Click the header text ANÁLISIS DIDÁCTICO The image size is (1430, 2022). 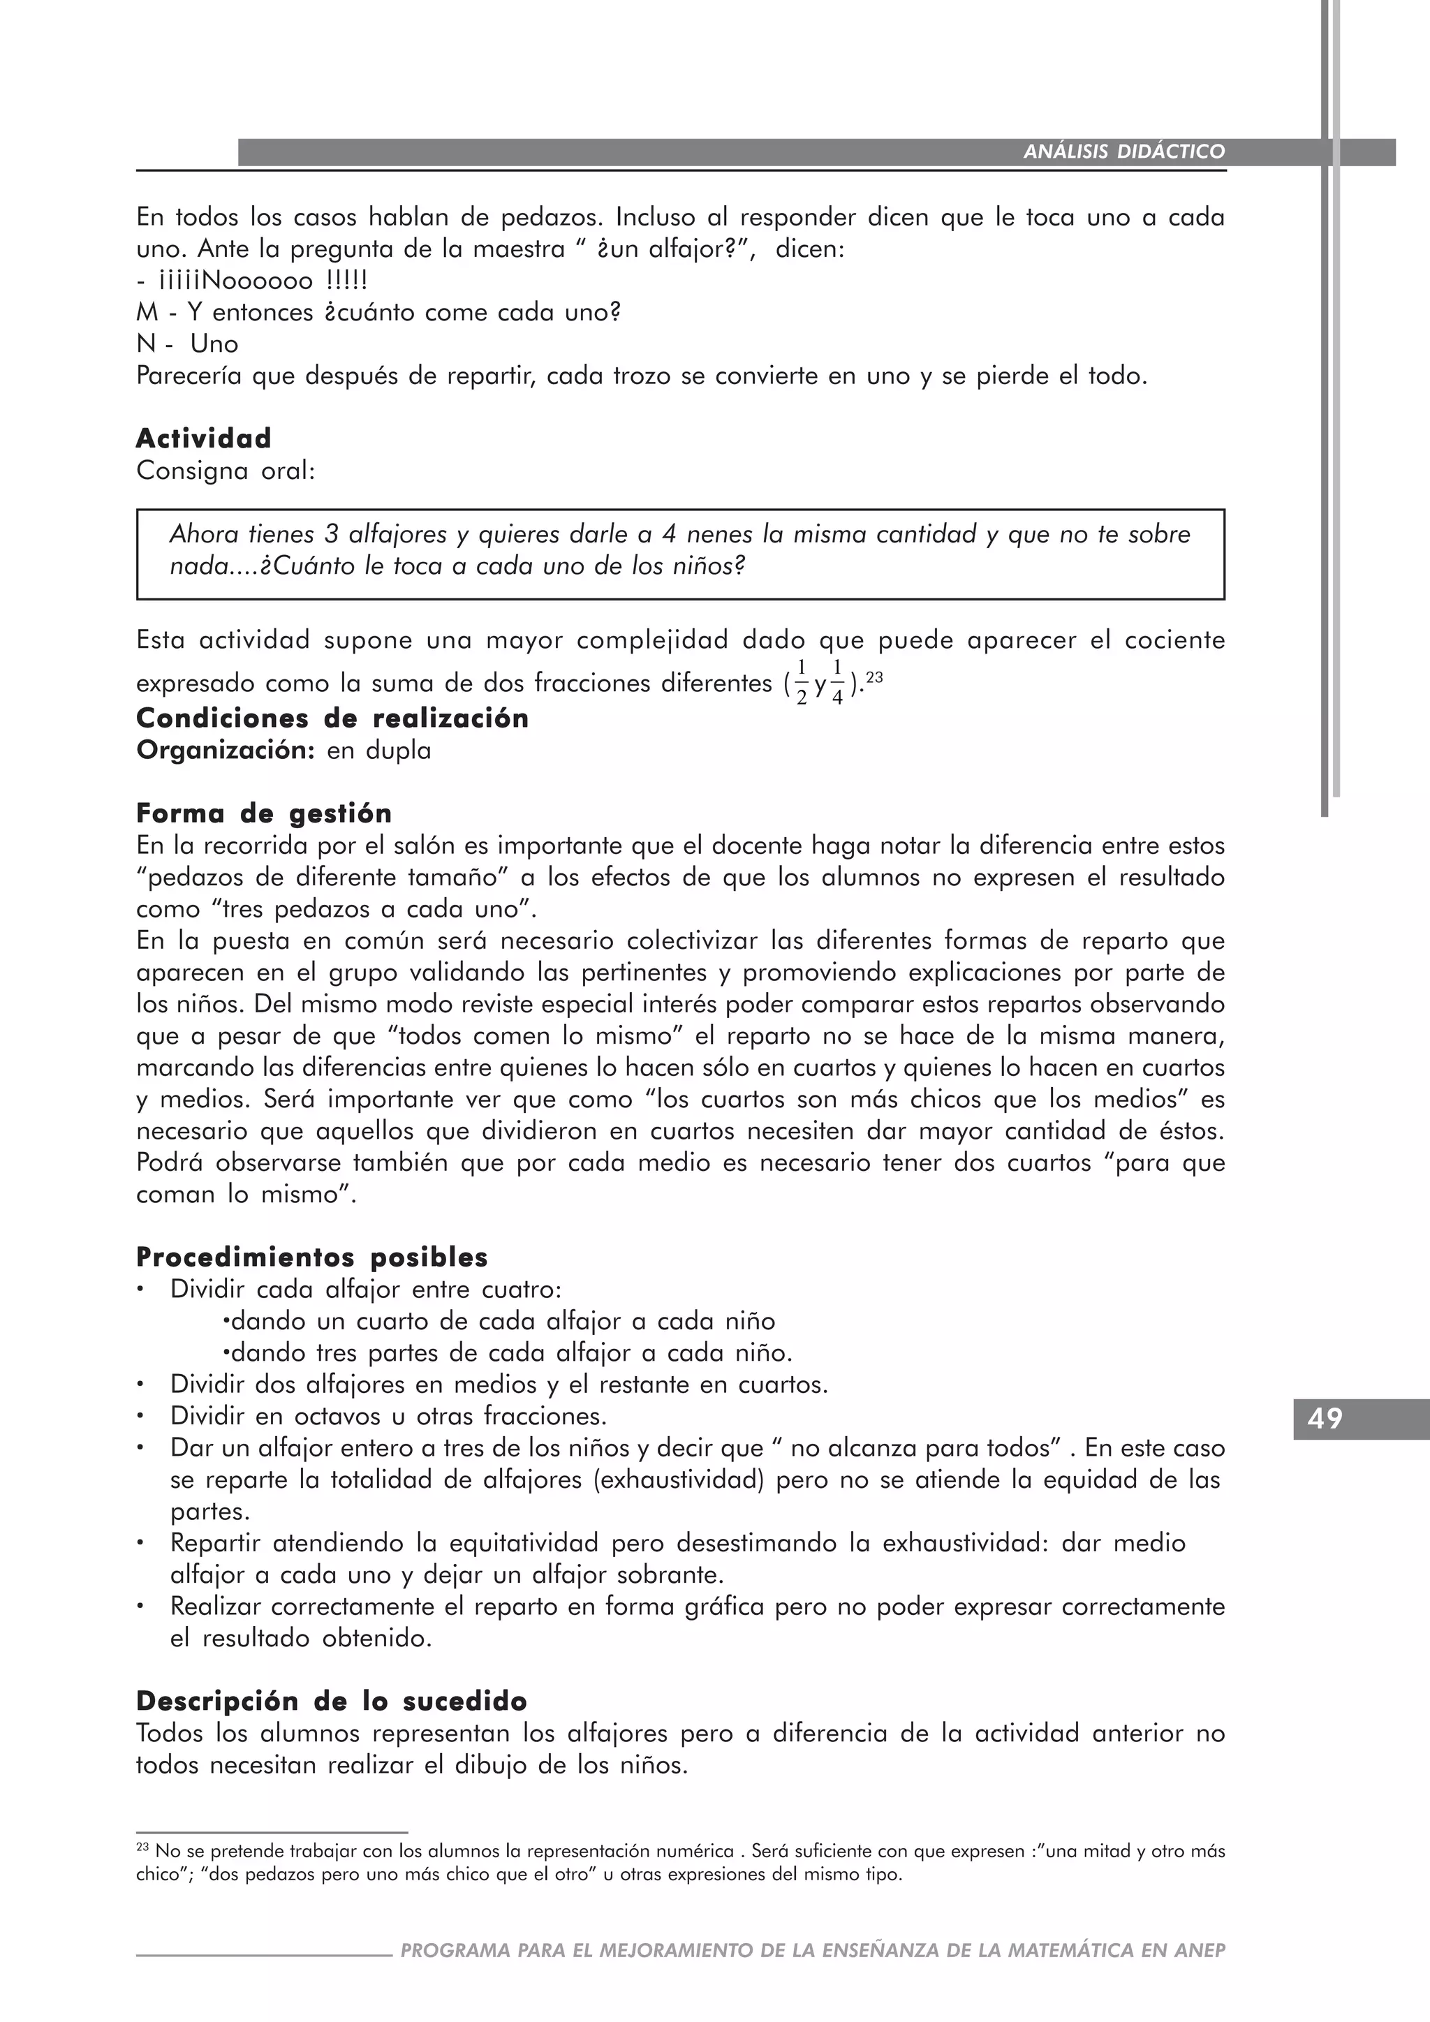tap(1123, 152)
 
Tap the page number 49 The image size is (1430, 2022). tap(1325, 1419)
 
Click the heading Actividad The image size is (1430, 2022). tap(203, 438)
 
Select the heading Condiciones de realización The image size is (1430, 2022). tap(332, 718)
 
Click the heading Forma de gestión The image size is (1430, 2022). tap(264, 813)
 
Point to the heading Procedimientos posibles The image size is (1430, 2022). tap(311, 1257)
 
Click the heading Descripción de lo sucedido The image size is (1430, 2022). tap(332, 1701)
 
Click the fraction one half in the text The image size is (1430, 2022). tap(802, 684)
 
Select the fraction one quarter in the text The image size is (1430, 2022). tap(836, 684)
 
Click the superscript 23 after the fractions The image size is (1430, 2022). tap(874, 677)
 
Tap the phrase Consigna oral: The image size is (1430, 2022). tap(226, 471)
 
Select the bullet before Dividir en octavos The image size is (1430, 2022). tap(140, 1416)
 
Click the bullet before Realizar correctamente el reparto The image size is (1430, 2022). tap(140, 1607)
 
